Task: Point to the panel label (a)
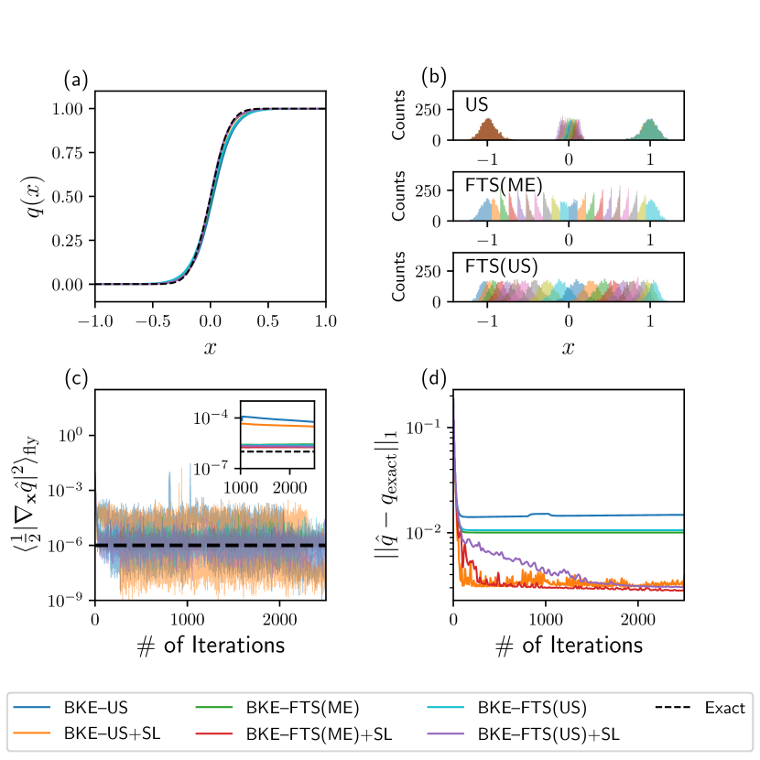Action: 76,80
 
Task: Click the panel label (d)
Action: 433,378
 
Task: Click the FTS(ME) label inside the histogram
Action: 504,186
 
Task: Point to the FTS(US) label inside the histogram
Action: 502,267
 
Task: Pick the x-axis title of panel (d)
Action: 569,645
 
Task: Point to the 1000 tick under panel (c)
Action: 188,619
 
